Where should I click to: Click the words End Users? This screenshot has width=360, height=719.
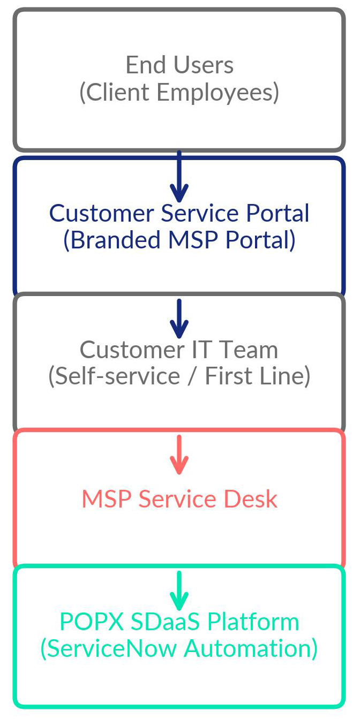click(179, 65)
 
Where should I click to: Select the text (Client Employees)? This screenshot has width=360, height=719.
click(179, 92)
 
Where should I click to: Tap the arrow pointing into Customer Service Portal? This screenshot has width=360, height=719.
click(179, 177)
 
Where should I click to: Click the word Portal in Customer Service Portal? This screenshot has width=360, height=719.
click(277, 213)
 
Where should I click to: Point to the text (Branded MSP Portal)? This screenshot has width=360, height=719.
click(179, 240)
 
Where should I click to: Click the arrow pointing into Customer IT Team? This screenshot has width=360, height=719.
click(179, 319)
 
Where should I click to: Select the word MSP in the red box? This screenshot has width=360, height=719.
click(107, 499)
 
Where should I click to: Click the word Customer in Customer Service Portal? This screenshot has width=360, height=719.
click(102, 213)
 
